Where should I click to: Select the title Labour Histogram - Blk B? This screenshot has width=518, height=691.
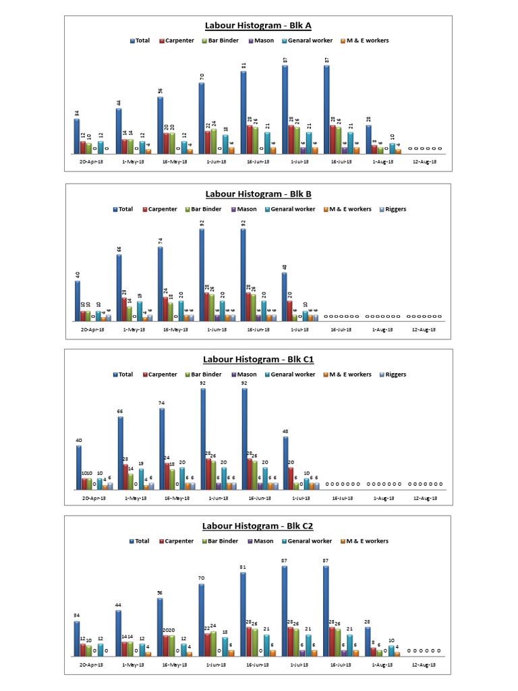pos(258,194)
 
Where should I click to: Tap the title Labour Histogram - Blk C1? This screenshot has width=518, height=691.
pos(258,360)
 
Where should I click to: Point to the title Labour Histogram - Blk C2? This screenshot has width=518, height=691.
pos(258,526)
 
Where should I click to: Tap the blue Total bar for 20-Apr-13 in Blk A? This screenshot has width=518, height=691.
pos(77,136)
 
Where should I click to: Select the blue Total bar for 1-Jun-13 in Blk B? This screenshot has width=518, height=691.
pos(202,275)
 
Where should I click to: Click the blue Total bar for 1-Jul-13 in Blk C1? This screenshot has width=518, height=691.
pos(285,463)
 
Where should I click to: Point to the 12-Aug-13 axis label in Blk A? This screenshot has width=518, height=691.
pos(424,162)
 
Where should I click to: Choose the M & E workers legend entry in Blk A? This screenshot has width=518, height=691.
pos(367,40)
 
